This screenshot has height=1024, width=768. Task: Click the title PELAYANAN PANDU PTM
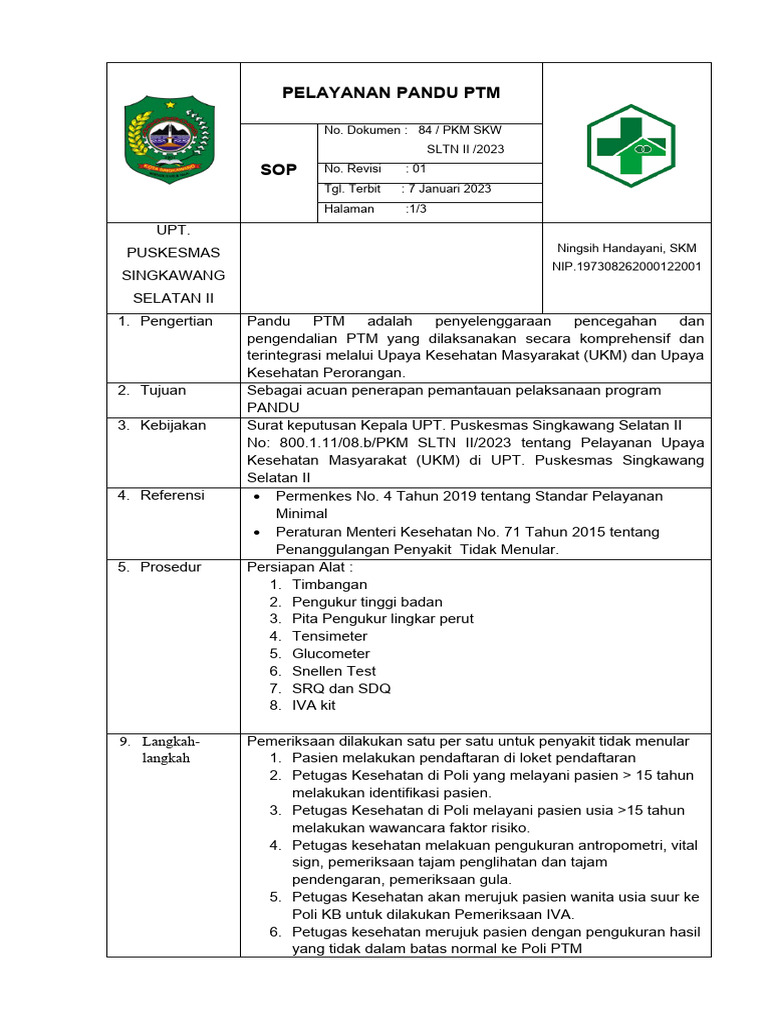(391, 93)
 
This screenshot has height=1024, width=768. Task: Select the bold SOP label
(278, 170)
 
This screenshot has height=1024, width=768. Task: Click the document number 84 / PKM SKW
(460, 130)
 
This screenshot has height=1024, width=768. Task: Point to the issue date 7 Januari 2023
(448, 188)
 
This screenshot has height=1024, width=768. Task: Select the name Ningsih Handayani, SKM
(626, 248)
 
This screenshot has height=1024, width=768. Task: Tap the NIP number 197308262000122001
(626, 266)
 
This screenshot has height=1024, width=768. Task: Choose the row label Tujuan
(162, 390)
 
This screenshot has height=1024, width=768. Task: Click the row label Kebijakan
(172, 425)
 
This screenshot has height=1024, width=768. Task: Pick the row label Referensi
(172, 495)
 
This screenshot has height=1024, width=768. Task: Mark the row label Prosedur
(170, 567)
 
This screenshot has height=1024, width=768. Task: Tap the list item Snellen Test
(334, 671)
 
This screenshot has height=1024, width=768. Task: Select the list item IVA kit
(314, 705)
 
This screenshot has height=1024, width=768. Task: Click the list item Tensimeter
(330, 636)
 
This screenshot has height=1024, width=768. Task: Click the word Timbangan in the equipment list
(330, 584)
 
